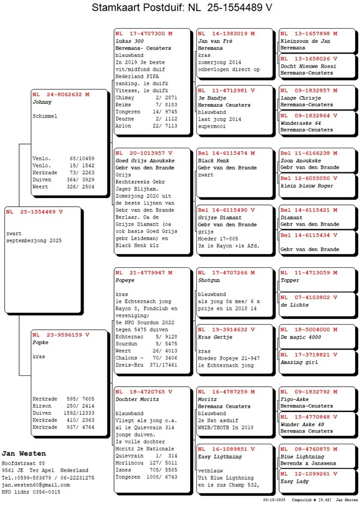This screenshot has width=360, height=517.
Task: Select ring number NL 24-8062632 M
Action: (x=61, y=94)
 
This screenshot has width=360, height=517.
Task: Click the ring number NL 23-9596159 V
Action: (x=61, y=334)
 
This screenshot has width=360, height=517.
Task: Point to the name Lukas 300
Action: (x=131, y=40)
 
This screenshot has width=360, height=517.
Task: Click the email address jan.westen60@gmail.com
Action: (x=35, y=485)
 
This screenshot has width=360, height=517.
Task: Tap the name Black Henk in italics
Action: (x=214, y=162)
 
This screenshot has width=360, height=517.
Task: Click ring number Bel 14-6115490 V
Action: (x=226, y=210)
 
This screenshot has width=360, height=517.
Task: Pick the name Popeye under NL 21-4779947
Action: (x=125, y=280)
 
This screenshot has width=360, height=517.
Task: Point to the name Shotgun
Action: (x=211, y=280)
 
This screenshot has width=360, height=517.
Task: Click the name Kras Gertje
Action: (x=215, y=337)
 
